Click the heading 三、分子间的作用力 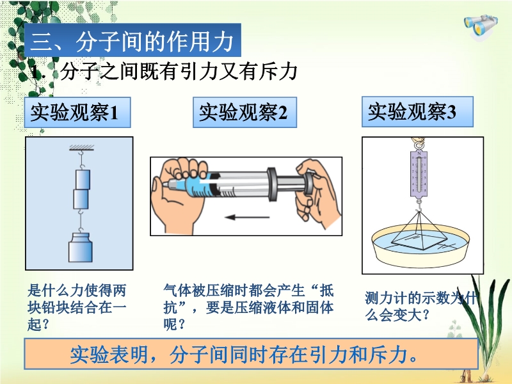132,40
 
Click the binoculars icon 481,25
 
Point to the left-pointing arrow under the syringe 247,217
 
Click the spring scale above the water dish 419,173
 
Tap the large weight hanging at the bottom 81,247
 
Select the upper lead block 83,179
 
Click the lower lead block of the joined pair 81,199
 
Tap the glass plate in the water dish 419,241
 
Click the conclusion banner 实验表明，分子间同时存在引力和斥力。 251,354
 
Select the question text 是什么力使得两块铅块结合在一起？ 77,307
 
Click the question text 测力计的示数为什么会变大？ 420,307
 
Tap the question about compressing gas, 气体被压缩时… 248,307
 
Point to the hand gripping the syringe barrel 179,193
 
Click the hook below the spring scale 419,205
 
